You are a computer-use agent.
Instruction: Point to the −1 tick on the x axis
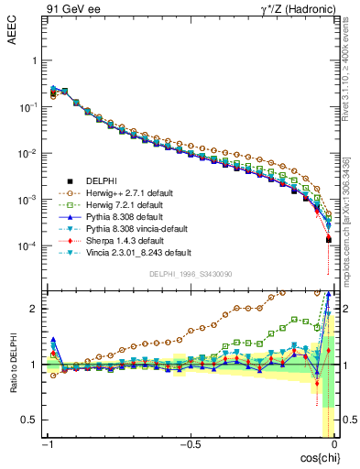[x=47, y=444]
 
